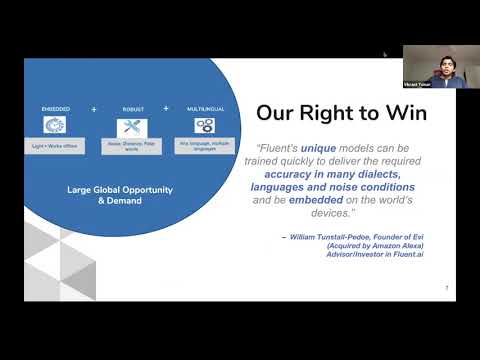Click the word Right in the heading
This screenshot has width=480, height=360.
pyautogui.click(x=326, y=113)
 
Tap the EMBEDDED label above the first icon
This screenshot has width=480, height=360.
pyautogui.click(x=55, y=108)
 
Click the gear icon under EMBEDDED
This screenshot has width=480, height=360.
pyautogui.click(x=55, y=126)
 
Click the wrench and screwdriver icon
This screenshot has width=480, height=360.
pyautogui.click(x=131, y=126)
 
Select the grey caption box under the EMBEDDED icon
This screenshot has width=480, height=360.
pyautogui.click(x=55, y=145)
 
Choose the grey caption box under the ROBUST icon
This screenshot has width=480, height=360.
pyautogui.click(x=131, y=145)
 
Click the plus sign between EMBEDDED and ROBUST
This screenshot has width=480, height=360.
pyautogui.click(x=94, y=106)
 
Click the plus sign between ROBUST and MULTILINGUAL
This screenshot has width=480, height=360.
pyautogui.click(x=167, y=106)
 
